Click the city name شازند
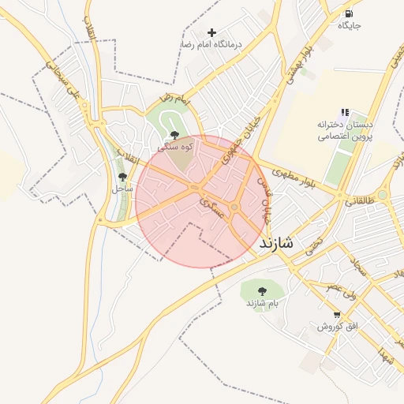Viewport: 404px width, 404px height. (275, 244)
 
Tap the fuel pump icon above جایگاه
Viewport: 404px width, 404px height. (348, 13)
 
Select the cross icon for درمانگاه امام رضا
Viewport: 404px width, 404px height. (211, 32)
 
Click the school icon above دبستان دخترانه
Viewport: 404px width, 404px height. (345, 114)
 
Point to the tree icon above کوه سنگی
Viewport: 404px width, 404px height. (174, 135)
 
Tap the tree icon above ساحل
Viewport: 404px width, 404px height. (122, 177)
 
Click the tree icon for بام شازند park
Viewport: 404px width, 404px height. (262, 291)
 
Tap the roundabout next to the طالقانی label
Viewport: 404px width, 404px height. (383, 194)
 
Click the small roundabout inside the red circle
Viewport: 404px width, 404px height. (234, 208)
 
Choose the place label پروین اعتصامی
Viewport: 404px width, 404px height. (345, 137)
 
